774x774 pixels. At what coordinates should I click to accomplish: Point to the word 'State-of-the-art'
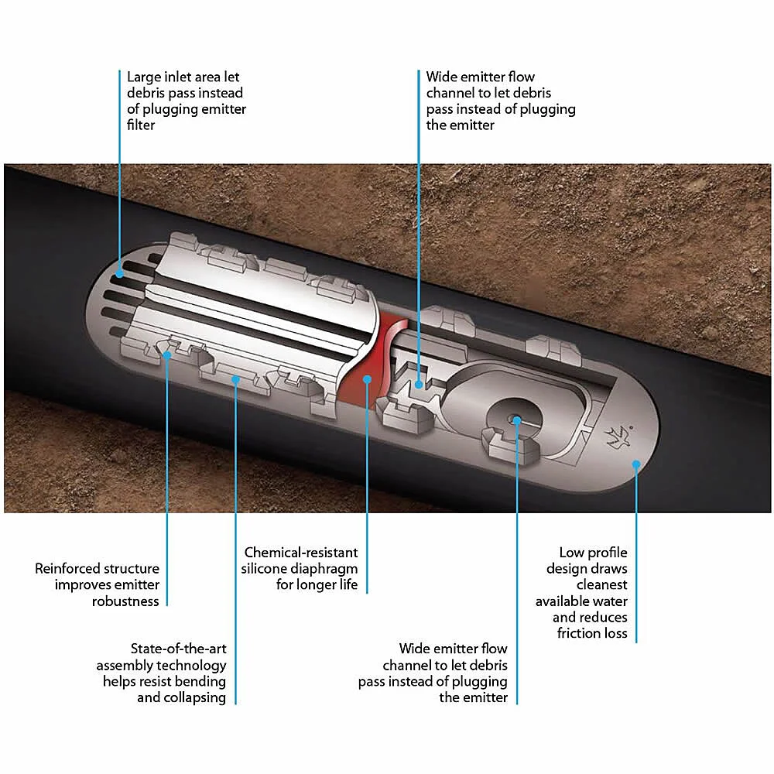[179, 649]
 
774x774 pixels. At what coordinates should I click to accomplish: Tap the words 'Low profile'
[594, 553]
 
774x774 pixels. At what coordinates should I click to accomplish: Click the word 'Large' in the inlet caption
[145, 77]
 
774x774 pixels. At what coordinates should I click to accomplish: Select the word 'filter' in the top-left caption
[141, 125]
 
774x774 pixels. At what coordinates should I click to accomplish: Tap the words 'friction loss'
[592, 634]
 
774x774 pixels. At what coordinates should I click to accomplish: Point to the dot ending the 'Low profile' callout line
[636, 464]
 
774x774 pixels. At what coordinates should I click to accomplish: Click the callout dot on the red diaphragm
[368, 379]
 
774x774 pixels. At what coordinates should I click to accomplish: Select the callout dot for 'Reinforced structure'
[167, 355]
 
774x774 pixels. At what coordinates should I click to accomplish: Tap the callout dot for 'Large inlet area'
[119, 272]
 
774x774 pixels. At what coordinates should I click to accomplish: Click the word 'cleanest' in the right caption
[601, 585]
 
